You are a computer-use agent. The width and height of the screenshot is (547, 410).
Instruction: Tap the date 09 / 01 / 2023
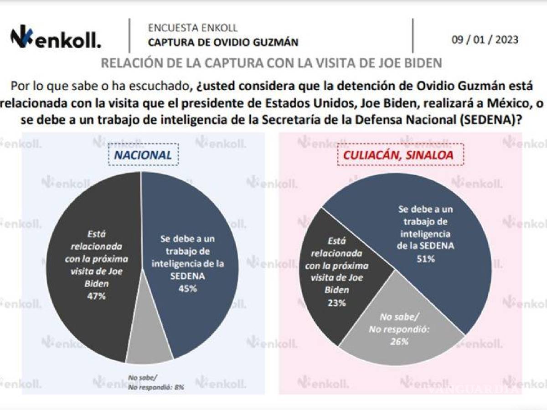(485, 40)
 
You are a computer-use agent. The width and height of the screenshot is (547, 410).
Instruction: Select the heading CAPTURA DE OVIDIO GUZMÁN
(223, 42)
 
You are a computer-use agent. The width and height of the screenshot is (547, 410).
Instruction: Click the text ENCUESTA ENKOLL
(193, 28)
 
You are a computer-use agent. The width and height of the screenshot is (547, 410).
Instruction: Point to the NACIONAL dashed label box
(143, 154)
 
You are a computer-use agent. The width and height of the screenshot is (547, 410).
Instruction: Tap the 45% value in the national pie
(188, 288)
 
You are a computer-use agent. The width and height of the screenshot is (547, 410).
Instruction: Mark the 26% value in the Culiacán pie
(399, 341)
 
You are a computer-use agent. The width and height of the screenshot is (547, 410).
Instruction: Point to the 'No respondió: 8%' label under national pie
(156, 387)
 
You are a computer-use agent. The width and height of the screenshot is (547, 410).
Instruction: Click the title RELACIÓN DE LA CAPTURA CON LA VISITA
(271, 63)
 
